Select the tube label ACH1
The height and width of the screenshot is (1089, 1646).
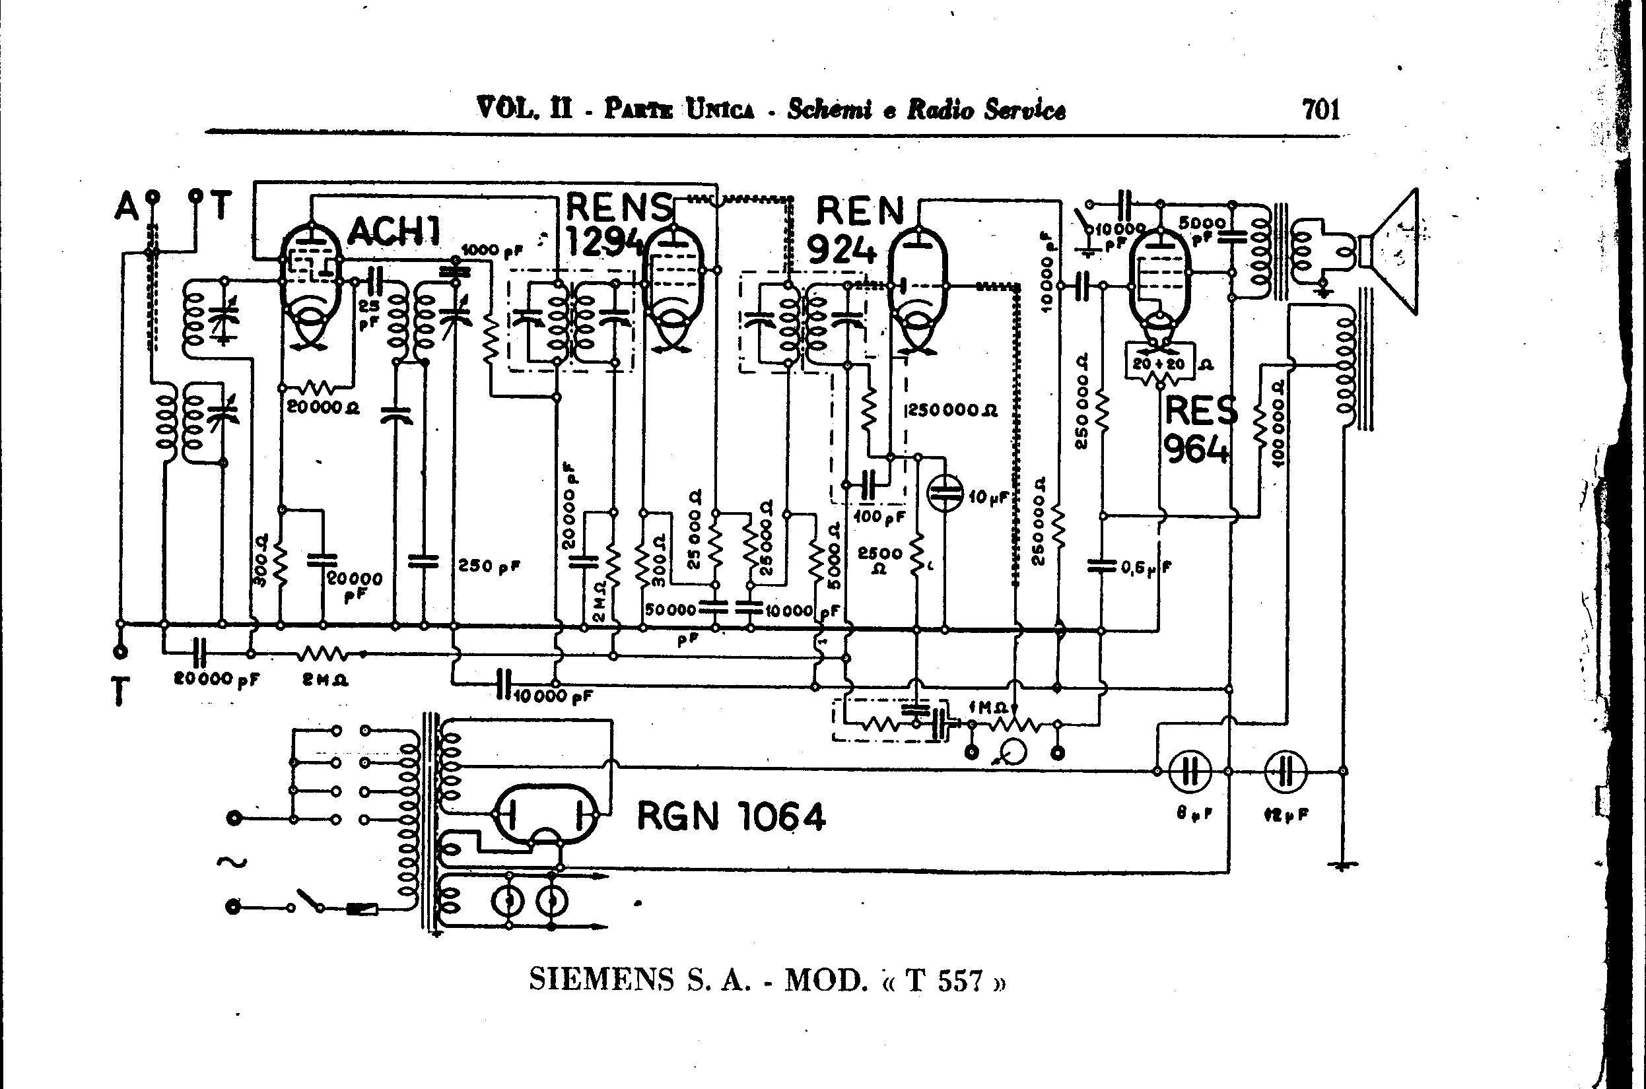coord(394,230)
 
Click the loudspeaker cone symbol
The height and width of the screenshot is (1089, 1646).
coord(1393,251)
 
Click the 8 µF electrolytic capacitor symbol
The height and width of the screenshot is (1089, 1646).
coord(1191,772)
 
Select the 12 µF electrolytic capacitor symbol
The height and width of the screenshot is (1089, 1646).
coord(1286,772)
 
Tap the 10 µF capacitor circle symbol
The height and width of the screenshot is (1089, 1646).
coord(945,494)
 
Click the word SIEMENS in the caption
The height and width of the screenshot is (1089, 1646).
coord(601,980)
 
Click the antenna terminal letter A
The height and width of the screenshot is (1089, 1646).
coord(127,207)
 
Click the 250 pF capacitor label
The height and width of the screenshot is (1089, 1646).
coord(489,566)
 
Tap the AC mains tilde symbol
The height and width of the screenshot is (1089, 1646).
coord(232,863)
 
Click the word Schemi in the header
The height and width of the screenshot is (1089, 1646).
coord(828,110)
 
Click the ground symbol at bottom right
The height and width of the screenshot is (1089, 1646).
coord(1343,865)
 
